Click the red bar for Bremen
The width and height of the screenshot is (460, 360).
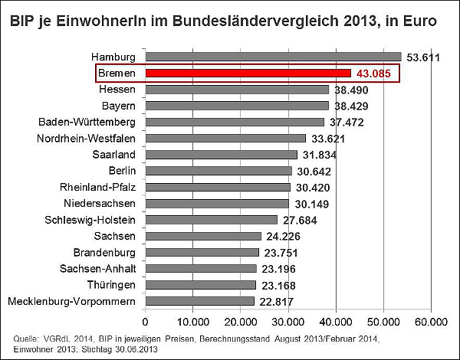(x=248, y=73)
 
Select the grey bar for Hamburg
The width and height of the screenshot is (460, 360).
(x=273, y=57)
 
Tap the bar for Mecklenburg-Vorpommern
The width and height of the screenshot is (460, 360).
(x=199, y=301)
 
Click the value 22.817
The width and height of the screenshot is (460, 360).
(x=279, y=302)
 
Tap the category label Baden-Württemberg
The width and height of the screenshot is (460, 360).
(x=87, y=122)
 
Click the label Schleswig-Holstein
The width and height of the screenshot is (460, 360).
(x=93, y=220)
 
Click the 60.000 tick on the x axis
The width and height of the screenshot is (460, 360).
(x=431, y=320)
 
